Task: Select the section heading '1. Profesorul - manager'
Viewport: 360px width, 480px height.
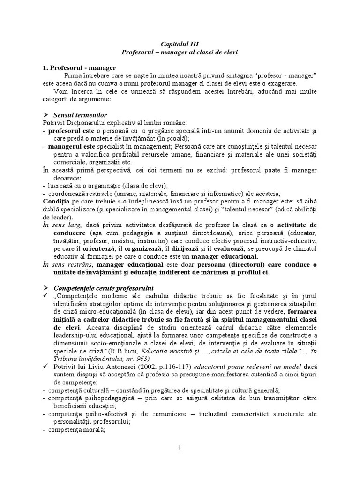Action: click(x=77, y=67)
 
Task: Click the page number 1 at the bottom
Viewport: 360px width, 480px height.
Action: click(x=180, y=448)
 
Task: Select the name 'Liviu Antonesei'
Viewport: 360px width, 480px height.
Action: click(x=91, y=366)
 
